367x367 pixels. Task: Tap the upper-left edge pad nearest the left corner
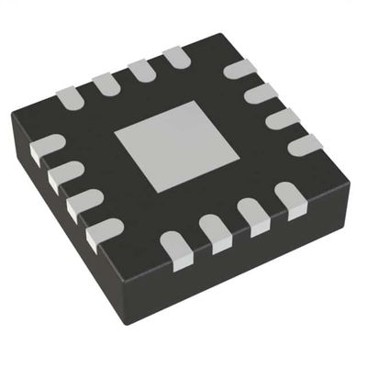point(70,95)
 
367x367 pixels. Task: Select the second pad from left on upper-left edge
point(105,83)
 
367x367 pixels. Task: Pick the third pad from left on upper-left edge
point(140,70)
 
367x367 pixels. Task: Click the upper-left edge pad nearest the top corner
point(175,58)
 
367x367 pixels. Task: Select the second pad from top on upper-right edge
point(261,93)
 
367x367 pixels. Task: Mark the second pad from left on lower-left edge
point(63,174)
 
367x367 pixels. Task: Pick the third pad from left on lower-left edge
point(83,202)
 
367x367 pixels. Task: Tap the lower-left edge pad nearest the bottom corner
point(104,232)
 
